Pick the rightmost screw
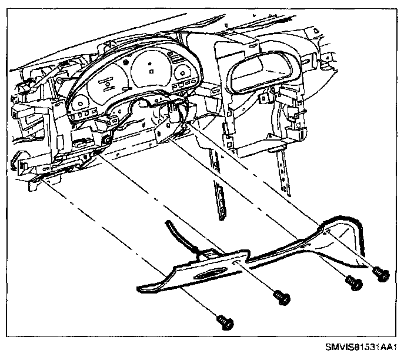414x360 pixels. coord(380,272)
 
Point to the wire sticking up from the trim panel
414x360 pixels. coord(176,232)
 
